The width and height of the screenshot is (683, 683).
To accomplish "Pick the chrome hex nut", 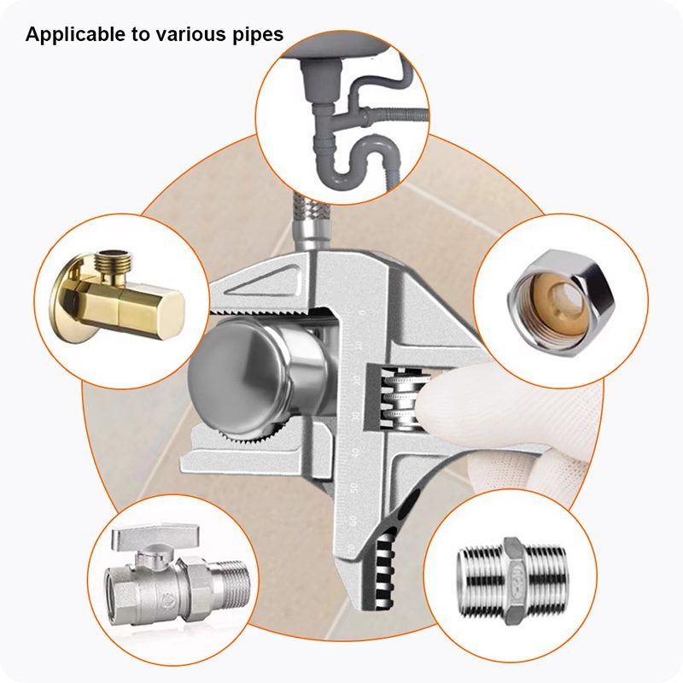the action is click(562, 303).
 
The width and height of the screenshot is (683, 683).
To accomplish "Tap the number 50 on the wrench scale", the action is click(354, 487).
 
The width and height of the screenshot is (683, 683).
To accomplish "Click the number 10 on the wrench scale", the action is click(359, 347).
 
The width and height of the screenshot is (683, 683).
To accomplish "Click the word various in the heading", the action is click(188, 35).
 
